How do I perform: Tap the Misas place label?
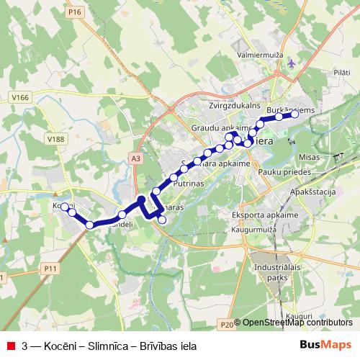(x=308, y=156)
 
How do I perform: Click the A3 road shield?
(x=137, y=158)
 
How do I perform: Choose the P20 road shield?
(x=225, y=325)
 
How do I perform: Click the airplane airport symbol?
(x=290, y=63)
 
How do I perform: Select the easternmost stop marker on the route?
(x=294, y=113)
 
